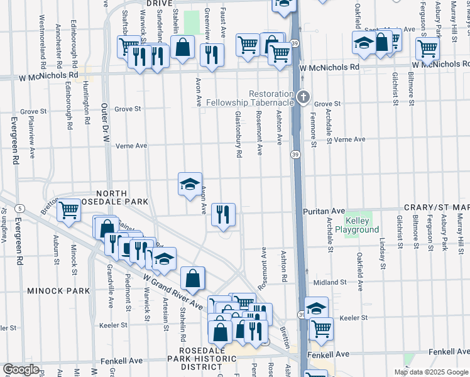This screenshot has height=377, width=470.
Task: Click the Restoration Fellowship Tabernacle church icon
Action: click(304, 97)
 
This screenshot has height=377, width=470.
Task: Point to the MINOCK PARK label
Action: click(52, 292)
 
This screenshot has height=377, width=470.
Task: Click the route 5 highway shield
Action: click(21, 208)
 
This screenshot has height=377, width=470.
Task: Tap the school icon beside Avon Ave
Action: click(190, 183)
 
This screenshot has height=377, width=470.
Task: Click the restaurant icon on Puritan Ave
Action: click(223, 215)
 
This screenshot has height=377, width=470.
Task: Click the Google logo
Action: click(21, 369)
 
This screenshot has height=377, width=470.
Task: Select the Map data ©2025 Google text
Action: click(431, 372)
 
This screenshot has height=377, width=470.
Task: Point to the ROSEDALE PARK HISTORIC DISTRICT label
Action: click(208, 358)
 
